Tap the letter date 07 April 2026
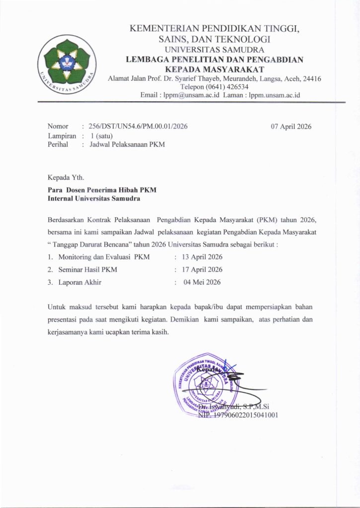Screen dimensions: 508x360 pyautogui.click(x=291, y=127)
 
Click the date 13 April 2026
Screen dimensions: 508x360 pyautogui.click(x=202, y=257)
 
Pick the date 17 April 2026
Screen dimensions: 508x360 pyautogui.click(x=202, y=270)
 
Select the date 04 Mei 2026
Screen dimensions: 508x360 pyautogui.click(x=202, y=282)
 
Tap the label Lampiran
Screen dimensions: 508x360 pyautogui.click(x=62, y=135)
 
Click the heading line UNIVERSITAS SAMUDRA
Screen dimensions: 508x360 pyautogui.click(x=214, y=50)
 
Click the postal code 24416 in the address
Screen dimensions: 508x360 pyautogui.click(x=311, y=78)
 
